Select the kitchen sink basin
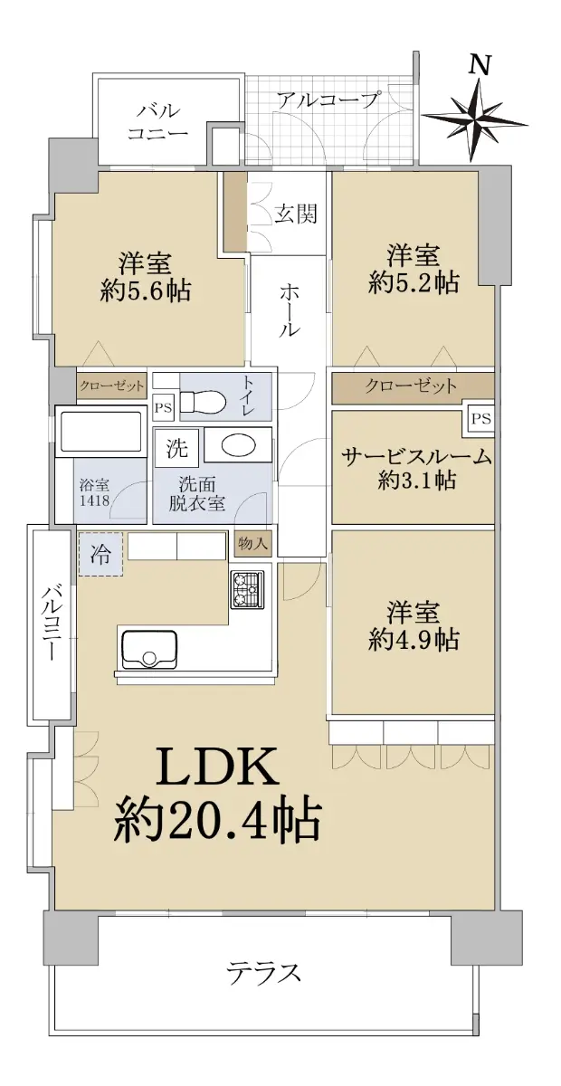tap(149, 649)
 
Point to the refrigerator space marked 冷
tap(100, 554)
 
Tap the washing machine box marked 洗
tap(176, 448)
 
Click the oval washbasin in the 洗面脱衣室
tap(238, 444)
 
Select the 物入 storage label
tap(252, 544)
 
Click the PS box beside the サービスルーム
tap(480, 418)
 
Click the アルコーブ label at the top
tap(327, 100)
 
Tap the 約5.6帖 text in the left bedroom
tap(146, 291)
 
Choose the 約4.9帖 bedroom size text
tap(414, 641)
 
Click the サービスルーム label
tap(416, 457)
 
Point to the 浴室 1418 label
tap(94, 493)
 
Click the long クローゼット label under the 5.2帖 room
tap(411, 386)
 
